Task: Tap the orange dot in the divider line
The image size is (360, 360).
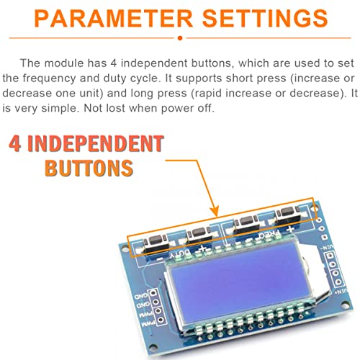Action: pos(180,36)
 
